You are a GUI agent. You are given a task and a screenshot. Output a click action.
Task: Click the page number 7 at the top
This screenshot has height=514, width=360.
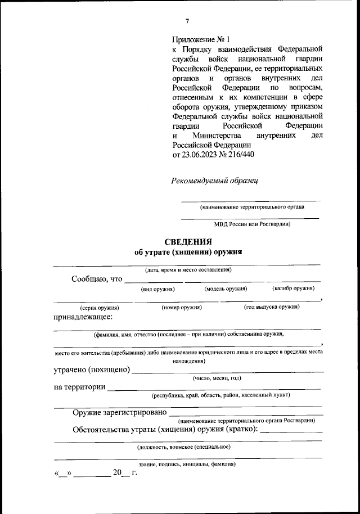[187, 21]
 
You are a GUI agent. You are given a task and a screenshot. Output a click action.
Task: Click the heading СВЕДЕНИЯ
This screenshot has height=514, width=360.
[188, 241]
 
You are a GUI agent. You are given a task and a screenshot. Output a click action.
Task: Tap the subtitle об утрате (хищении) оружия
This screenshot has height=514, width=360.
[188, 252]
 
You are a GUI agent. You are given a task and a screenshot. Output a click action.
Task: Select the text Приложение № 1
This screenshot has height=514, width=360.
[201, 40]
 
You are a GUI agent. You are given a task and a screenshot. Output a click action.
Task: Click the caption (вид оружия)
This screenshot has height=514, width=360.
[157, 288]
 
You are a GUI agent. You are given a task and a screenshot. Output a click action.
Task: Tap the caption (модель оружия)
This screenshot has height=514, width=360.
[226, 288]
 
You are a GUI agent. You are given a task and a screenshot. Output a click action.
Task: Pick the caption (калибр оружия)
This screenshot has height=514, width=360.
[292, 288]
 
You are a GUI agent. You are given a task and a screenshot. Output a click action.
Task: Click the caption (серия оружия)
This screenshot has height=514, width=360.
[100, 308]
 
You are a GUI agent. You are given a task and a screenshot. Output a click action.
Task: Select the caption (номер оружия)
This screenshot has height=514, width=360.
[182, 307]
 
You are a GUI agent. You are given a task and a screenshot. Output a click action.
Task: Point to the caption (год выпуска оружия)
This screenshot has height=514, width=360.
[271, 307]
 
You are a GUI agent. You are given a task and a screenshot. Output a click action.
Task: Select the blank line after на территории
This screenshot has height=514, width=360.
[214, 388]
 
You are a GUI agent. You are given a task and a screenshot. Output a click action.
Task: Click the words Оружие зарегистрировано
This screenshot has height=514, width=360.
[120, 413]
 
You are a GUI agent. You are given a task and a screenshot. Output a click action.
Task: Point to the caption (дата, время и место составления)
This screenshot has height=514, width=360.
[188, 270]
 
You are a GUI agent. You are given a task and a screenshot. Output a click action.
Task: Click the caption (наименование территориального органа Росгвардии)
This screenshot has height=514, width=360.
[246, 421]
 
